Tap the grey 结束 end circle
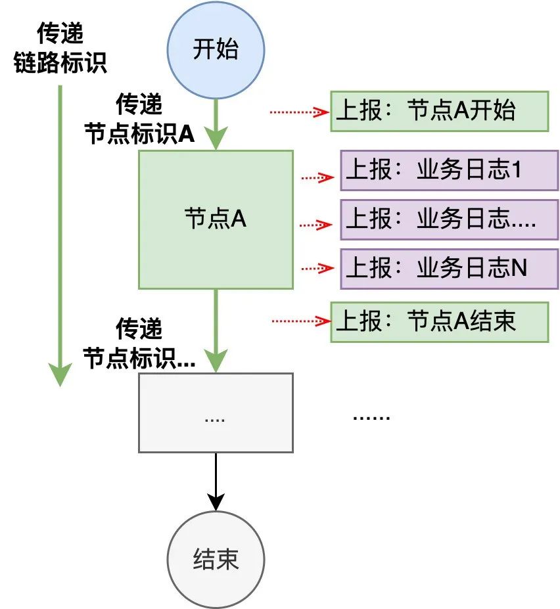tap(216, 560)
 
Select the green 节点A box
tap(216, 219)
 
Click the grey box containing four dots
tap(216, 413)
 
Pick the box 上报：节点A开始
tap(439, 111)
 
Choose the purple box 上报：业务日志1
tap(449, 171)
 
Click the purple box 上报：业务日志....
tap(449, 219)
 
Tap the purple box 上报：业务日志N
tap(449, 268)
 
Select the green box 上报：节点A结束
tap(439, 322)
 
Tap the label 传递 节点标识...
tap(139, 344)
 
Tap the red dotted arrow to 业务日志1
tap(317, 177)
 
